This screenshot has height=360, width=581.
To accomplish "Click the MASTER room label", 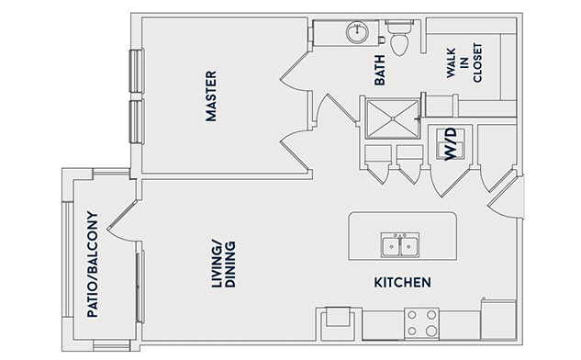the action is point(211,96).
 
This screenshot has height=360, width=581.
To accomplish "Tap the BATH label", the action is point(380,70).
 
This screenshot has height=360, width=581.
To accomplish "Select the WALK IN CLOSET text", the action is point(464,62).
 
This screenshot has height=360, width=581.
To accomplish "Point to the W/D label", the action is point(451,144).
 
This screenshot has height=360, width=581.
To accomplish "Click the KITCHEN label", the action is point(402,283).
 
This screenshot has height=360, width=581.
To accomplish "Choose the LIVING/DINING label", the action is point(223,264).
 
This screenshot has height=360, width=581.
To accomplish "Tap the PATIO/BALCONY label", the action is point(93,264).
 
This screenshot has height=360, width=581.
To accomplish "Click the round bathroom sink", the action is point(357,31).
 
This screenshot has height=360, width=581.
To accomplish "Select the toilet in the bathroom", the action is point(399,38).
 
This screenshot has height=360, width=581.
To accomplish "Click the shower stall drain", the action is point(393,119).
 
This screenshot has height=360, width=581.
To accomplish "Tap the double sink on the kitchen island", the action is point(400,245).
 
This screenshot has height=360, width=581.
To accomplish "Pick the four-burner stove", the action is point(421,323).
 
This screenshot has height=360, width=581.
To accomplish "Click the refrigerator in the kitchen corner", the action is point(498,320).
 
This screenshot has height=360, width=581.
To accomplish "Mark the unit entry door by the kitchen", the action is point(506,197).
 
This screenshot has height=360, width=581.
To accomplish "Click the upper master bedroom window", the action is point(137,71).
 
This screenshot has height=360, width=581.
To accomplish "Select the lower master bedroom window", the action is point(137,121).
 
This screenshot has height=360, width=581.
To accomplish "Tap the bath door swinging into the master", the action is point(294,72).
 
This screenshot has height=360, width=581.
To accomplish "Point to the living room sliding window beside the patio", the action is point(140,287).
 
